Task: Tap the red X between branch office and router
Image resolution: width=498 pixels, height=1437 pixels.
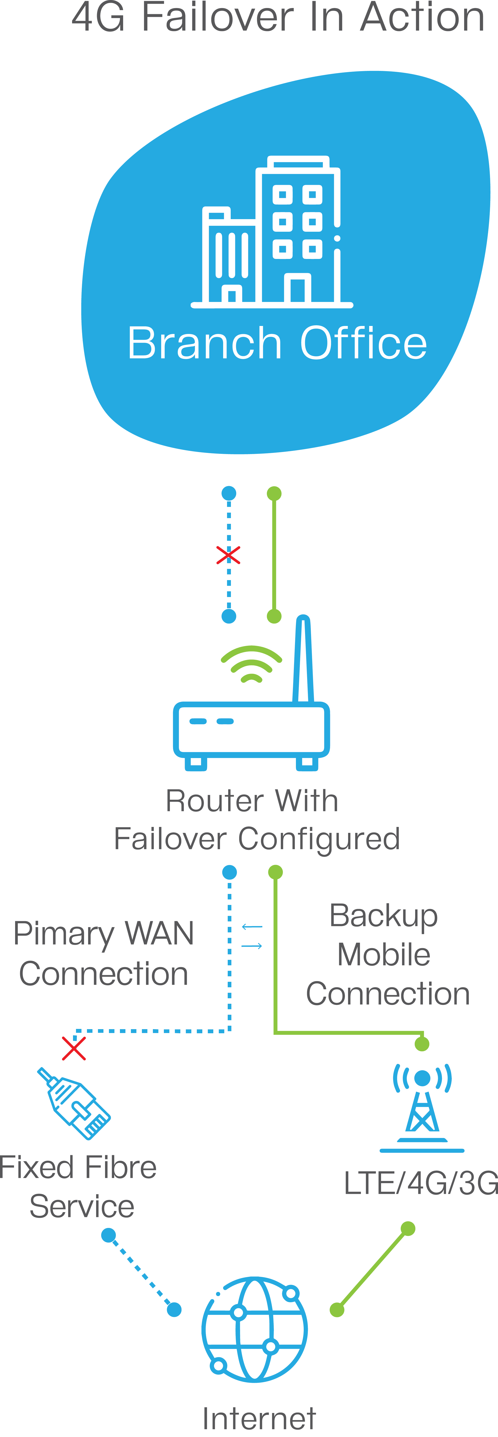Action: [x=228, y=555]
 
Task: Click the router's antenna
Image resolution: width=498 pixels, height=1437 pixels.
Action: [x=303, y=658]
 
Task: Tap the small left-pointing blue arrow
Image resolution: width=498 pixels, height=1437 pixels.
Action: [x=252, y=927]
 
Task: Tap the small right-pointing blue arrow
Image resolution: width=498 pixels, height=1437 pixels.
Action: [x=252, y=946]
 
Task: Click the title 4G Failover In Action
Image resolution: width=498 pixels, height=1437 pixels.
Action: [x=278, y=18]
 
